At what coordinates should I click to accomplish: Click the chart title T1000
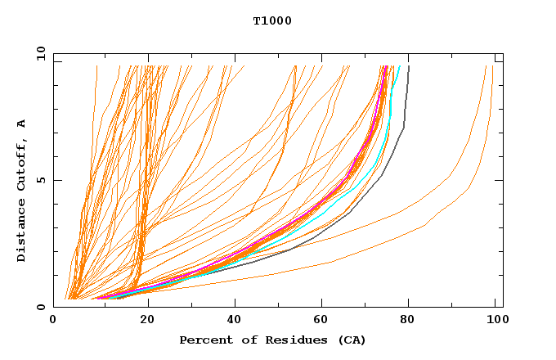pyautogui.click(x=272, y=21)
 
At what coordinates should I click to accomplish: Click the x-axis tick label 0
pyautogui.click(x=53, y=321)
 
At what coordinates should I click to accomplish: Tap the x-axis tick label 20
pyautogui.click(x=148, y=321)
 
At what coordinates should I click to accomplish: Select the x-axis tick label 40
pyautogui.click(x=236, y=321)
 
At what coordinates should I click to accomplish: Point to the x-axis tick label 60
pyautogui.click(x=325, y=321)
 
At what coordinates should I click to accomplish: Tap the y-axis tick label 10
pyautogui.click(x=41, y=53)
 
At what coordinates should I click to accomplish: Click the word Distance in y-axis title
pyautogui.click(x=22, y=232)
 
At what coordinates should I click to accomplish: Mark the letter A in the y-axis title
pyautogui.click(x=22, y=124)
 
